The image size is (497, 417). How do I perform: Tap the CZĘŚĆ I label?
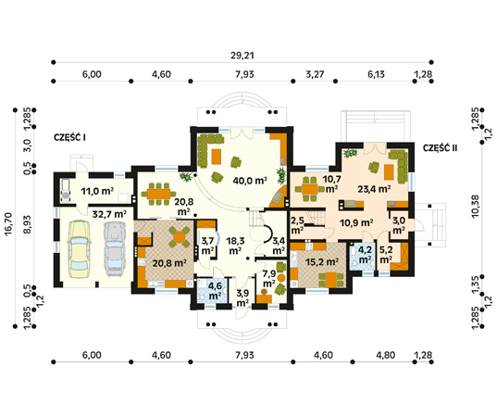[70, 137]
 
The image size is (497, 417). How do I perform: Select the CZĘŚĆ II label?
[441, 148]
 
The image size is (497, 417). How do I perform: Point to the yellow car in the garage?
[79, 248]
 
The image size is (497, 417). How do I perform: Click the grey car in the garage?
[115, 248]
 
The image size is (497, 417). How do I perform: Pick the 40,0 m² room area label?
[250, 181]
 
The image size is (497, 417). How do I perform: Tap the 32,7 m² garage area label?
[109, 214]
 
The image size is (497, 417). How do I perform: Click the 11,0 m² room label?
[97, 192]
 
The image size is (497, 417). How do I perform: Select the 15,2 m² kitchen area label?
[322, 262]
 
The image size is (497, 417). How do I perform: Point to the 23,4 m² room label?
[374, 189]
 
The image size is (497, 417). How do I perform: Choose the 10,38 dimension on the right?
[476, 207]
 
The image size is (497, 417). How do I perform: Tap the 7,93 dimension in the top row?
[244, 74]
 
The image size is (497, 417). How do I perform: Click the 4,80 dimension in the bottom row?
[386, 355]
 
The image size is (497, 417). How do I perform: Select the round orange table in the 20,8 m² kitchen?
[180, 236]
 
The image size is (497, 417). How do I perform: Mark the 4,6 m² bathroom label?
[215, 291]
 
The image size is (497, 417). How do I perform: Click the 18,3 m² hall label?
[235, 246]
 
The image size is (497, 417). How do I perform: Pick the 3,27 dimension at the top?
[315, 74]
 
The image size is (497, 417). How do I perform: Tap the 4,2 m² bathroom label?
[365, 255]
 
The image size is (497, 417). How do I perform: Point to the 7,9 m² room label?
[268, 279]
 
